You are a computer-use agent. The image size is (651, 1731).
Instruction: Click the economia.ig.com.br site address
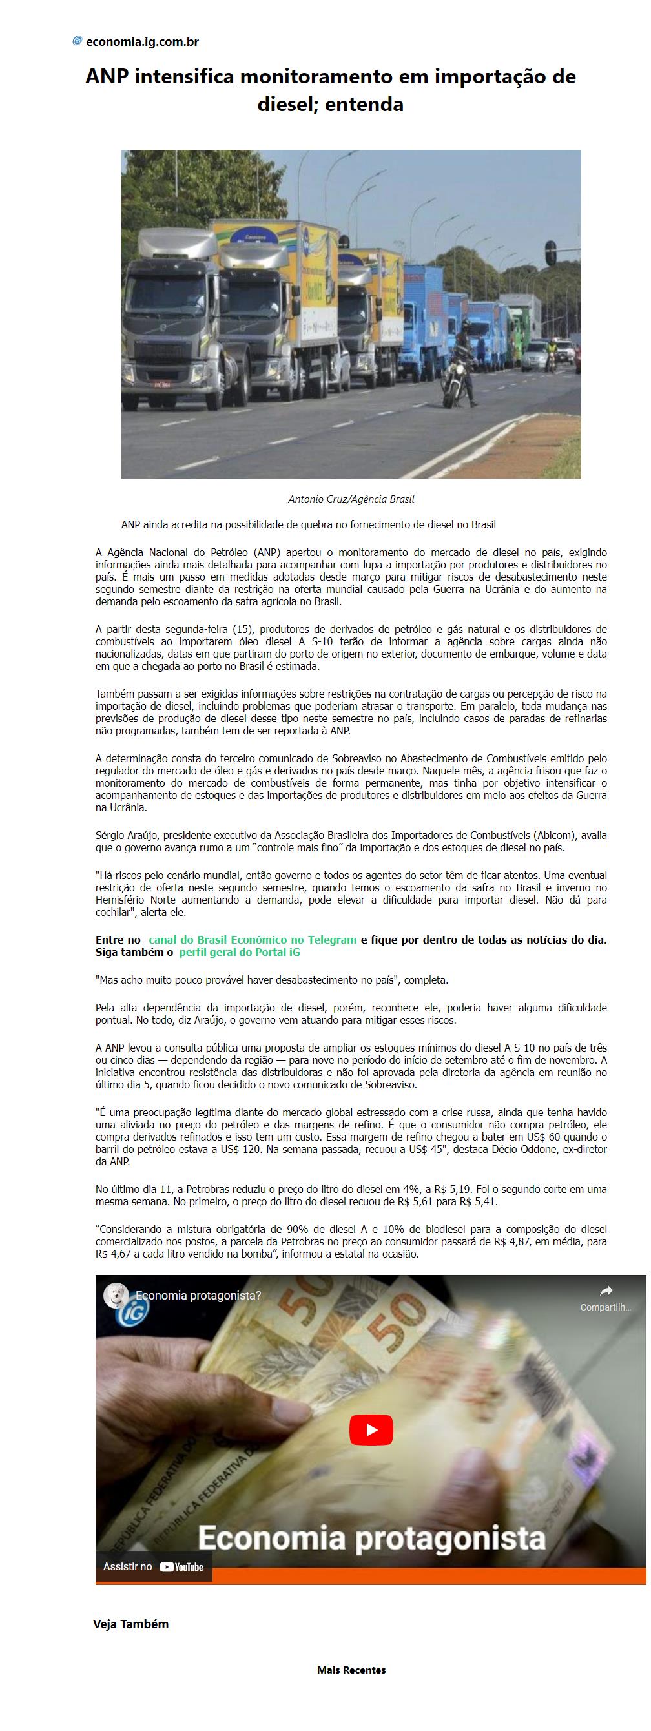click(x=143, y=42)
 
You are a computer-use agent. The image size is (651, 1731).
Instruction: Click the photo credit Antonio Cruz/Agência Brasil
click(x=351, y=499)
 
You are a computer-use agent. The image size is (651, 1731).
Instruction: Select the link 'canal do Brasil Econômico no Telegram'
click(x=252, y=940)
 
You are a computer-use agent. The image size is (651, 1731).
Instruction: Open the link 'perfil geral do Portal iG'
click(x=240, y=952)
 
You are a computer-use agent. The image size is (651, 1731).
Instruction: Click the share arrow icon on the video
click(x=605, y=1291)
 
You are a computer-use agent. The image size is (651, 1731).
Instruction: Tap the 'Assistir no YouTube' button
click(x=153, y=1567)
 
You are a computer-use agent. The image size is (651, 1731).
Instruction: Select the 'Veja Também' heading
click(x=130, y=1624)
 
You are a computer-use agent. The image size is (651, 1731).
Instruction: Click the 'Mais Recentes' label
click(x=351, y=1669)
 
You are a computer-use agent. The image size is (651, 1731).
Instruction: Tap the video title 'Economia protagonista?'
click(x=198, y=1295)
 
